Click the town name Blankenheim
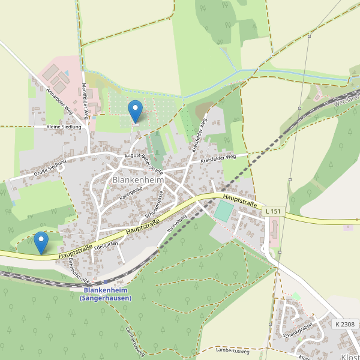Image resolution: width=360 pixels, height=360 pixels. click(138, 179)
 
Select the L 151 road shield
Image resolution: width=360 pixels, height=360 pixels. click(273, 211)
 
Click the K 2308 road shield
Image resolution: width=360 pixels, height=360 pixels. click(345, 324)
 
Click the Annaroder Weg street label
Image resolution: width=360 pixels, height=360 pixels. click(59, 101)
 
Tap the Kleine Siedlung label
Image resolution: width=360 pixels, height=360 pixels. click(64, 127)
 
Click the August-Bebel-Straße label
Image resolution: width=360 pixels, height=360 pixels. click(143, 160)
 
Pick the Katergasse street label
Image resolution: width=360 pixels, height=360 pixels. click(131, 192)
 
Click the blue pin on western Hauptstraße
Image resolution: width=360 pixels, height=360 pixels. click(41, 242)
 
